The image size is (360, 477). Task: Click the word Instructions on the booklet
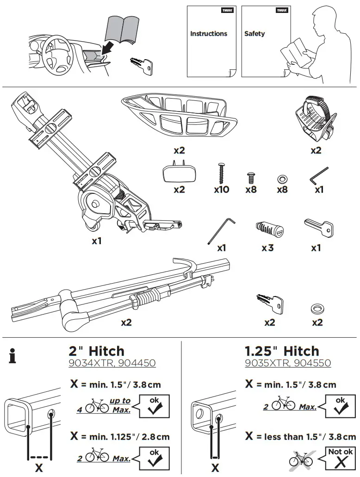pyautogui.click(x=209, y=34)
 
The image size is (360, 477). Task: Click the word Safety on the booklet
pyautogui.click(x=254, y=34)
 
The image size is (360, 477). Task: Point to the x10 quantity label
pyautogui.click(x=222, y=189)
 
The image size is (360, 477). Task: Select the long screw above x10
pyautogui.click(x=221, y=173)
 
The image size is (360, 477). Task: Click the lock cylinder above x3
pyautogui.click(x=269, y=228)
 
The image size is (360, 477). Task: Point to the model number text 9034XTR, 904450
pyautogui.click(x=112, y=364)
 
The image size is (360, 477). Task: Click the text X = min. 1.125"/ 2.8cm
pyautogui.click(x=120, y=436)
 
